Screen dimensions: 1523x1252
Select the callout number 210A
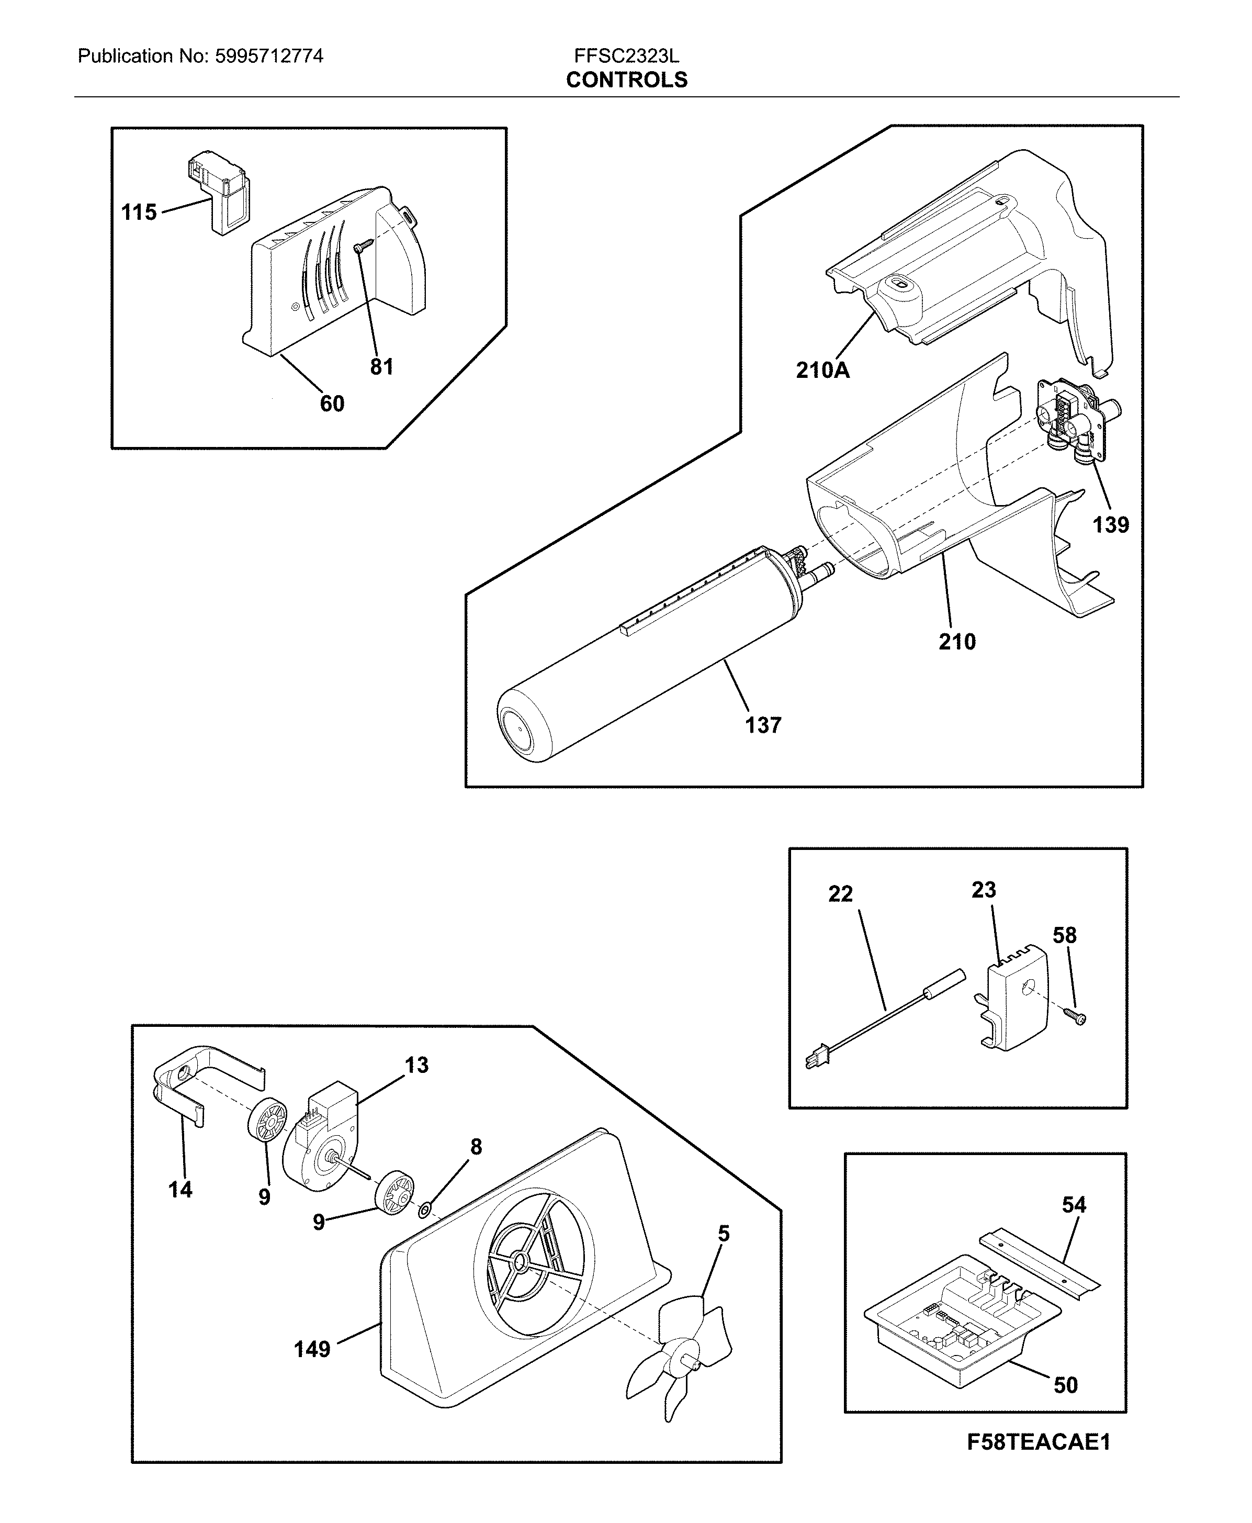click(822, 370)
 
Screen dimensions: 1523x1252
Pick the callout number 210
click(956, 641)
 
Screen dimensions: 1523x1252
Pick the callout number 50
click(1065, 1384)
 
